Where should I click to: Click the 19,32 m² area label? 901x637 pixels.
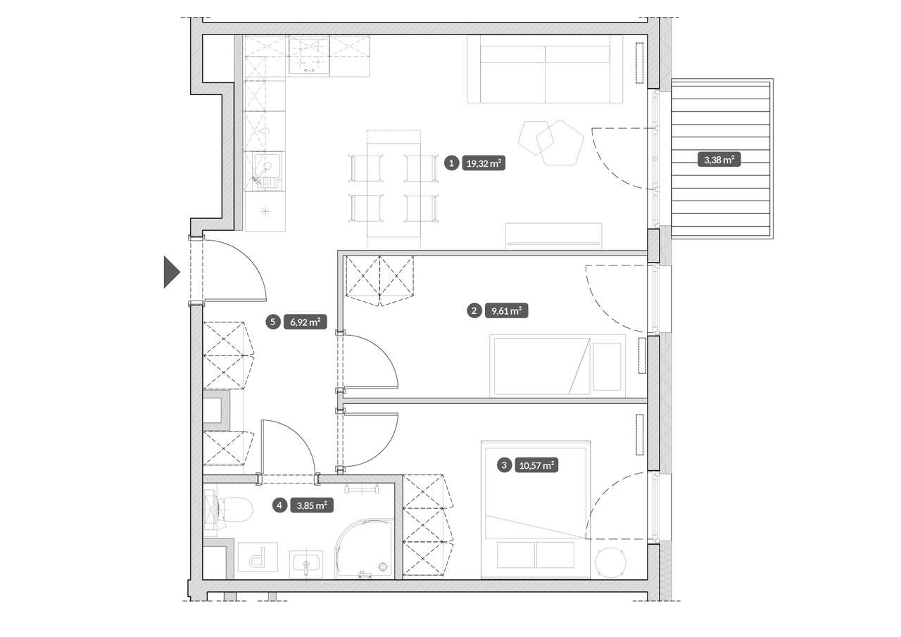click(484, 163)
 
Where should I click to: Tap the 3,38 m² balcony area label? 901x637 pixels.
click(719, 160)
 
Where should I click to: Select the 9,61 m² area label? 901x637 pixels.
click(506, 311)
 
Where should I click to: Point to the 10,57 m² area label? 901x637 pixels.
click(536, 466)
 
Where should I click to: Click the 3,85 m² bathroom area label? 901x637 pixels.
click(312, 505)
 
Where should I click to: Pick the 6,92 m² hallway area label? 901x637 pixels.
click(305, 322)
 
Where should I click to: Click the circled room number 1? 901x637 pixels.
click(452, 163)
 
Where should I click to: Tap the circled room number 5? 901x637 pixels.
click(274, 322)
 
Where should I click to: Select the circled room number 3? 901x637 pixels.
click(505, 466)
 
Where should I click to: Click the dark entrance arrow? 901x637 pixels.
click(171, 272)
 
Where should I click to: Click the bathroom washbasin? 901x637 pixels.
click(306, 565)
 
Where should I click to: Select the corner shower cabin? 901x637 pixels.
click(364, 548)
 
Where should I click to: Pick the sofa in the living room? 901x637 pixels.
click(545, 70)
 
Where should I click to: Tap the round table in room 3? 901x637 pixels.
click(610, 562)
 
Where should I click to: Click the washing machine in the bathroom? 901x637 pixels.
click(258, 557)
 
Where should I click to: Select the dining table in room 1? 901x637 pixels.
click(393, 189)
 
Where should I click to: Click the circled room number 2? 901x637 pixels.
click(474, 311)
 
